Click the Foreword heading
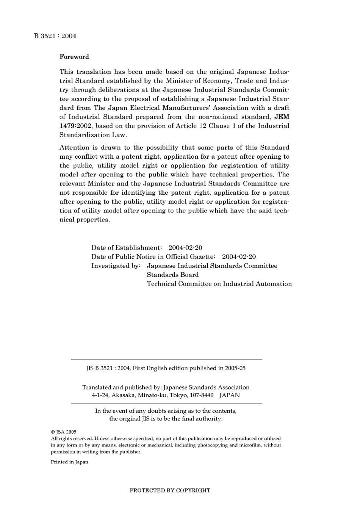click(x=74, y=57)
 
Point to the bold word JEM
click(x=282, y=117)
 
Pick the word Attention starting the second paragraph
click(x=74, y=147)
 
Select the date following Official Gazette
click(x=239, y=257)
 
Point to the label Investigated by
click(x=116, y=266)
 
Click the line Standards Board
click(x=172, y=275)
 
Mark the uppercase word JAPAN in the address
click(x=229, y=395)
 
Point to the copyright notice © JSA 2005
click(x=64, y=432)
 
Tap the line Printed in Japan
click(x=69, y=462)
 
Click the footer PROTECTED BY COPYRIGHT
click(x=170, y=490)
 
